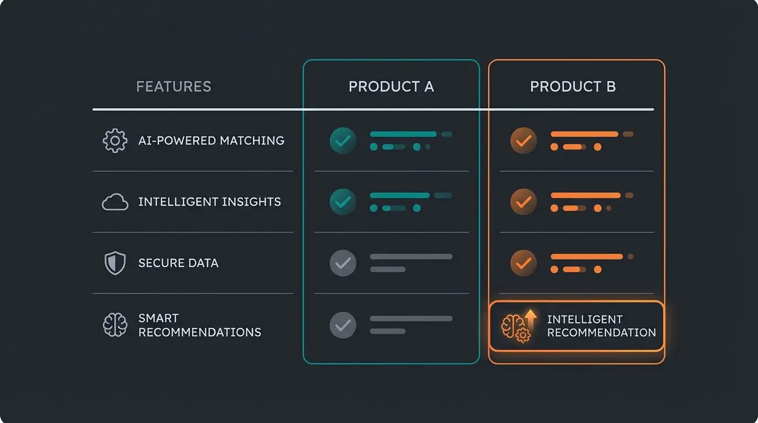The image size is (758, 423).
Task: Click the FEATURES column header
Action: [174, 86]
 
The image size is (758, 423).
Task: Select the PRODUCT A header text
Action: [391, 86]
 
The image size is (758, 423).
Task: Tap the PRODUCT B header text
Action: [573, 86]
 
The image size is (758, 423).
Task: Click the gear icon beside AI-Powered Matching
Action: [115, 140]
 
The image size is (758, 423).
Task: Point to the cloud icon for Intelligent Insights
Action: [115, 202]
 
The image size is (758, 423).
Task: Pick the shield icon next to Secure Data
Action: [115, 263]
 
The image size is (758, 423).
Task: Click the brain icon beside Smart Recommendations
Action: [115, 325]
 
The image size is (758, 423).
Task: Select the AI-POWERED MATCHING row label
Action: [211, 140]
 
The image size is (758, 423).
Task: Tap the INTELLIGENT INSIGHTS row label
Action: [209, 202]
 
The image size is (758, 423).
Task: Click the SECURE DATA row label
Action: [178, 263]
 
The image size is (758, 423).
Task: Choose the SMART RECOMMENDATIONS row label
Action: [199, 325]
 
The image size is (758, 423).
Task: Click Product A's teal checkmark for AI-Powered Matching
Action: [343, 140]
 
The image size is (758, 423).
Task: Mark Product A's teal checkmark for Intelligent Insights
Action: [343, 202]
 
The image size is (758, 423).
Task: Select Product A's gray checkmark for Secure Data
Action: [343, 263]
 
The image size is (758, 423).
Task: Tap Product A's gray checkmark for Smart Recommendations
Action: [343, 325]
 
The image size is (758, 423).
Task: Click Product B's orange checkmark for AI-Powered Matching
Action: [523, 140]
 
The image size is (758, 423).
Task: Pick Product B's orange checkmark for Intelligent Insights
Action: [523, 202]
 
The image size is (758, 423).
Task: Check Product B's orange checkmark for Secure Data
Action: [523, 263]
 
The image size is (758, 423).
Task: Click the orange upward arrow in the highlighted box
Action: [530, 320]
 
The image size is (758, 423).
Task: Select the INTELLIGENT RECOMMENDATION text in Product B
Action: [602, 326]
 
